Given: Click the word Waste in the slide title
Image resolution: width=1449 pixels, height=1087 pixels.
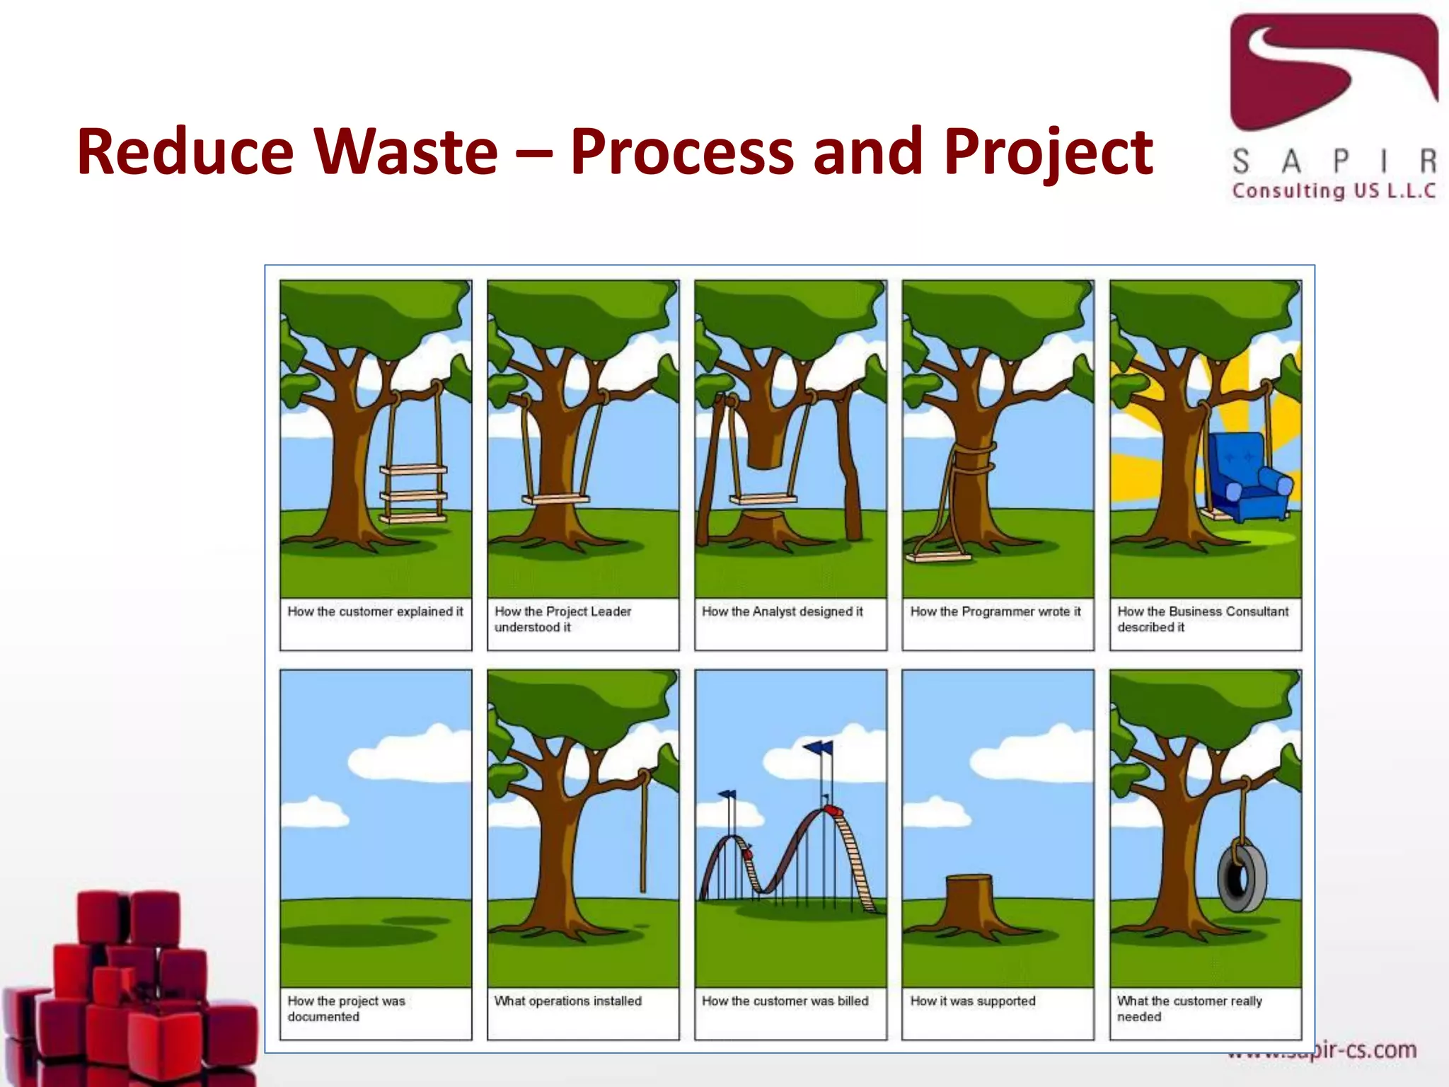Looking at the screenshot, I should click(406, 151).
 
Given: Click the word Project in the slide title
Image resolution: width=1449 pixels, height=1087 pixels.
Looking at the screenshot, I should click(1048, 151).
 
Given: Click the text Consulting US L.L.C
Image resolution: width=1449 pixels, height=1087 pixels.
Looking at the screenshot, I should click(1334, 191).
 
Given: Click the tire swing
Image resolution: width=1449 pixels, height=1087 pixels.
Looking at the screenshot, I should click(1242, 878).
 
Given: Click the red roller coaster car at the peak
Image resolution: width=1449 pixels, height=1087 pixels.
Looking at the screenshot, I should click(833, 810).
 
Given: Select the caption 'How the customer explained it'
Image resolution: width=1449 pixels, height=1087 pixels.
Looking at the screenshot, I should click(375, 611).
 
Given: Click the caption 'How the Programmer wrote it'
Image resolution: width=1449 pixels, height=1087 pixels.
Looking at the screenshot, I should click(995, 611).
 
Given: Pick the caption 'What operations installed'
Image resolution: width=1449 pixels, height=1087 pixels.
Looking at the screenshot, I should click(567, 1001).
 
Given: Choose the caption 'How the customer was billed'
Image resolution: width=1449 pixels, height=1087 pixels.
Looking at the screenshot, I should click(785, 1001).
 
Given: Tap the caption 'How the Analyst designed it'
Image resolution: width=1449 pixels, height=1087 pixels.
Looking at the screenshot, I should click(782, 611).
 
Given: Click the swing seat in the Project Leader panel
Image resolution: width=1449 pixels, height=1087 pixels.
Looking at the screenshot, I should click(555, 500).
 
